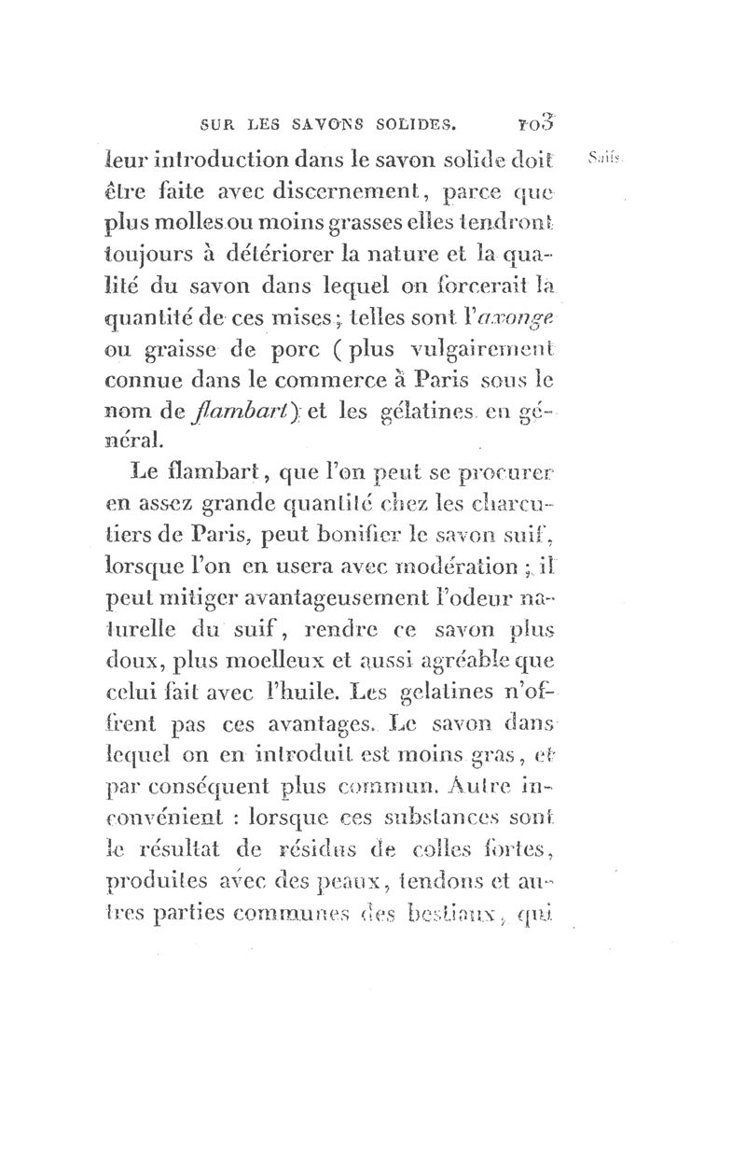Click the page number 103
539,119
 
